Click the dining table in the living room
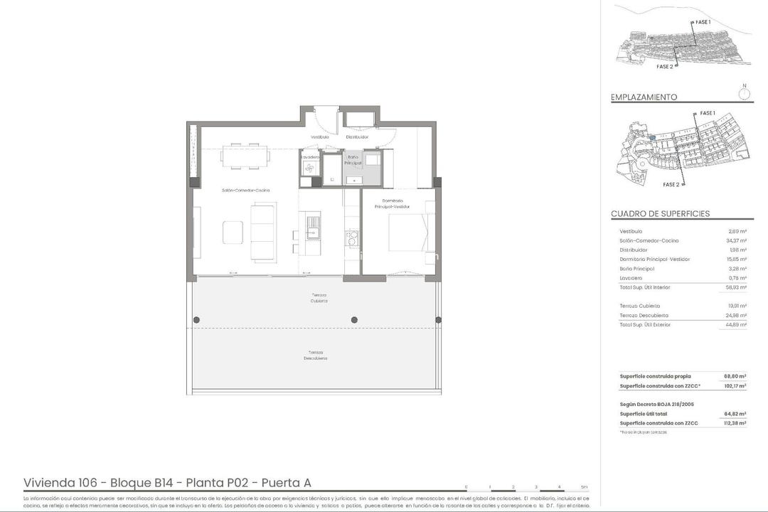[245, 156]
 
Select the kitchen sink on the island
[313, 226]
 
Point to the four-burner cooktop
[351, 237]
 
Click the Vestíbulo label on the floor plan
[319, 137]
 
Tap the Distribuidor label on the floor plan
[357, 137]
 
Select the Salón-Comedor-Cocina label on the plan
[245, 190]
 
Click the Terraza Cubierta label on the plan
[319, 297]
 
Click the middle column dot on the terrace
[354, 320]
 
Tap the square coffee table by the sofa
[233, 233]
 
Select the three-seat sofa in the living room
[262, 232]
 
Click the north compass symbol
[745, 92]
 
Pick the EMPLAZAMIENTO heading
[644, 97]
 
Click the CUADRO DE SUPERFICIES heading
[660, 214]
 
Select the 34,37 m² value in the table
[735, 241]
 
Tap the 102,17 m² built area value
[735, 386]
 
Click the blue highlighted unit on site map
[652, 137]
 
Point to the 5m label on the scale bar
[585, 487]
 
